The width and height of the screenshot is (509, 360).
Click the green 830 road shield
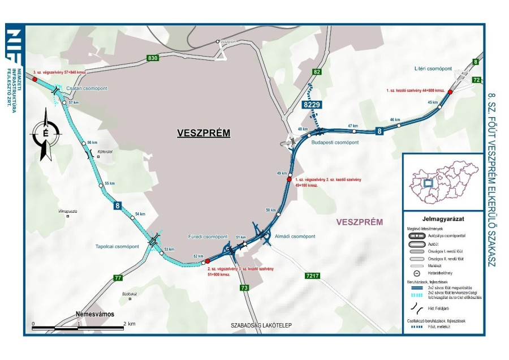point(152,58)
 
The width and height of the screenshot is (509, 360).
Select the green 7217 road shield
point(313,276)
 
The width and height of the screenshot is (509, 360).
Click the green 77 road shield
point(118,277)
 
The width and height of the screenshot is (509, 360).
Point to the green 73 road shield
point(244,288)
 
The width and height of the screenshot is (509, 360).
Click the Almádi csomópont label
point(296,236)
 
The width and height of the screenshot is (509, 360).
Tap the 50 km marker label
point(271,210)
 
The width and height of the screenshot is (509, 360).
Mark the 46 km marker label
point(395,120)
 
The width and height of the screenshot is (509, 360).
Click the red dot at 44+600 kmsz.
point(450,92)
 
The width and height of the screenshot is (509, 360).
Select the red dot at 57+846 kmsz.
point(34,80)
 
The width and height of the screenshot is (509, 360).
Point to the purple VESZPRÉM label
point(360,221)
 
